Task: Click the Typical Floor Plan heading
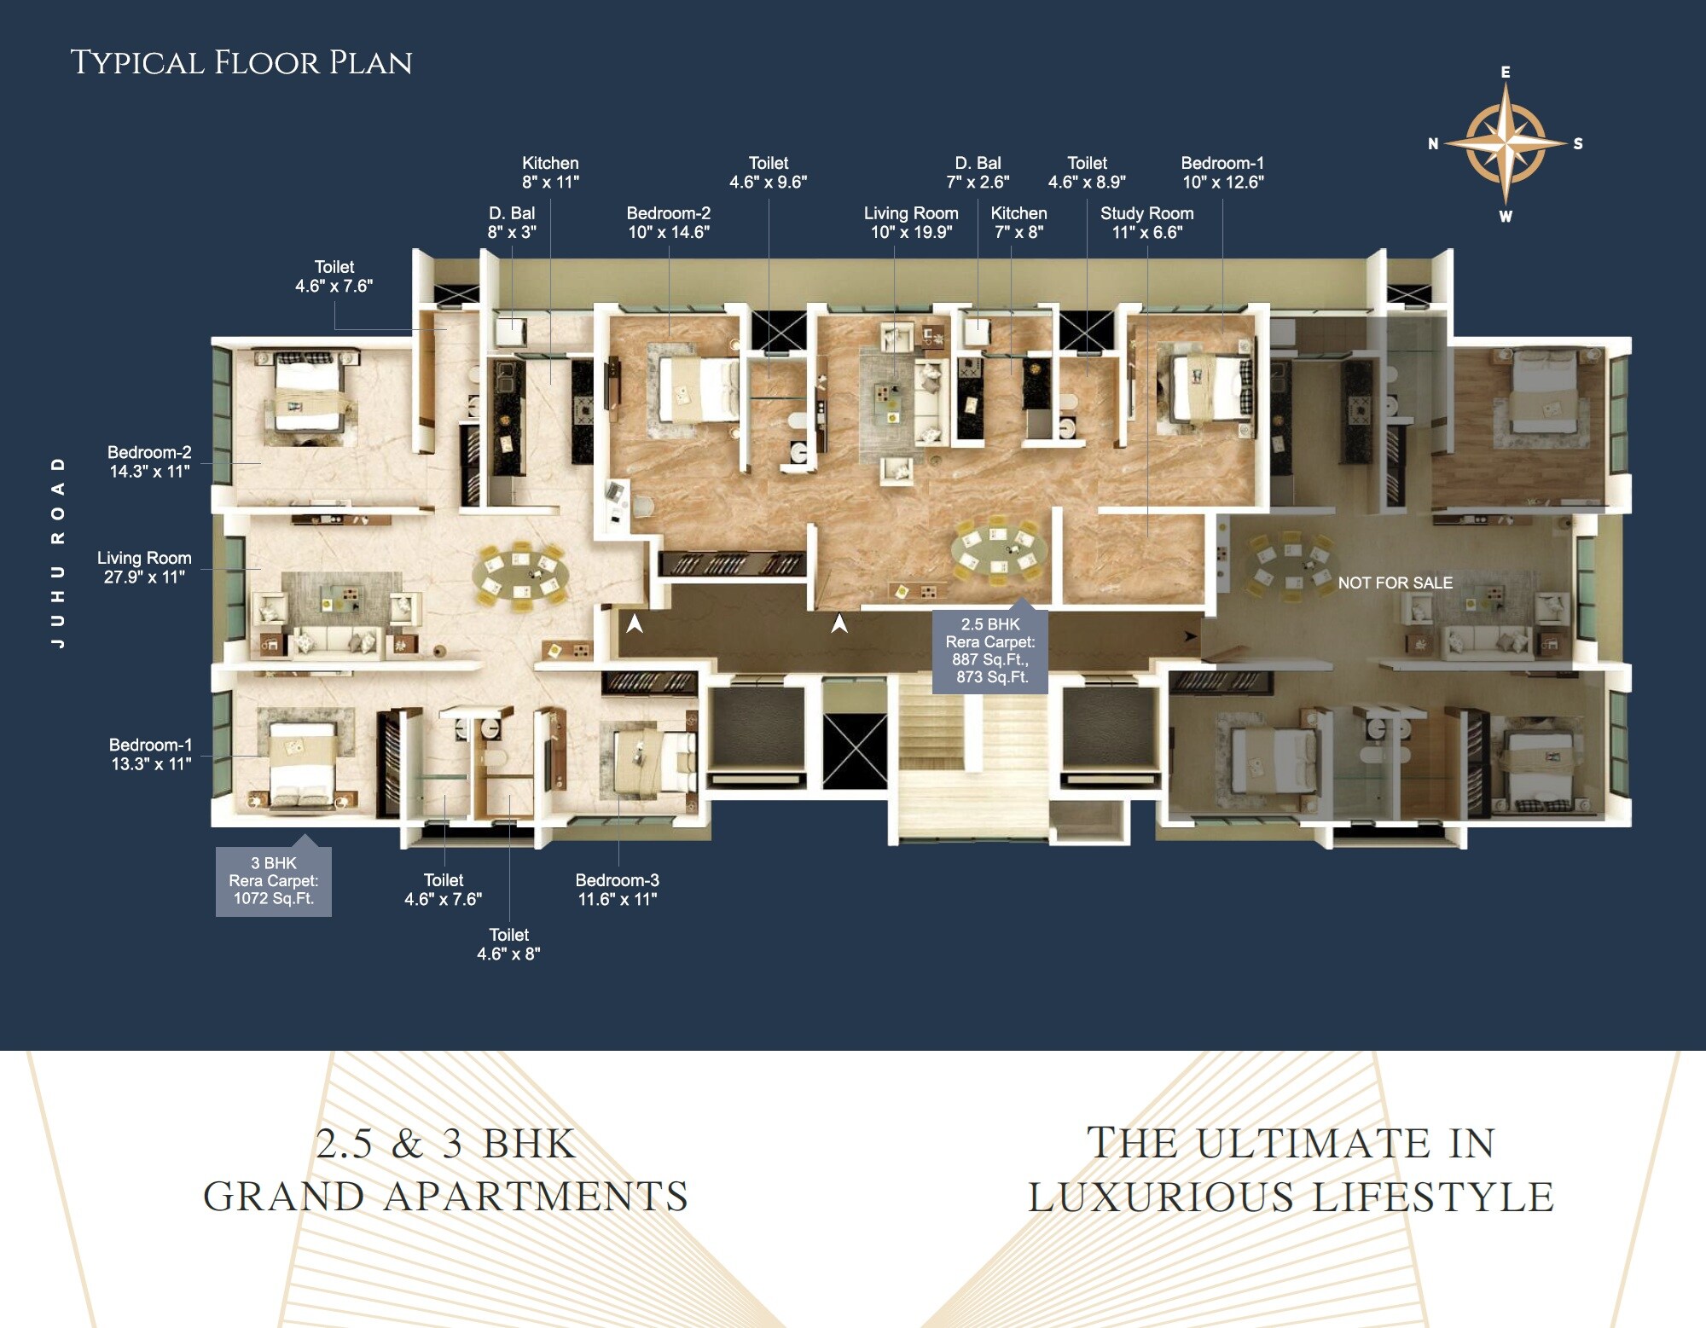[x=241, y=63]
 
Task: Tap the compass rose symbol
[x=1506, y=143]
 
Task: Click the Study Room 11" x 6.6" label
[x=1146, y=223]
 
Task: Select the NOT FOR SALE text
[x=1395, y=583]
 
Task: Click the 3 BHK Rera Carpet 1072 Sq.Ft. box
[x=274, y=881]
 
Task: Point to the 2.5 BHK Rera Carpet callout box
[x=989, y=651]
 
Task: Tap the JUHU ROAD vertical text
[x=58, y=552]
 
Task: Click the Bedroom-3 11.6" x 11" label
[x=617, y=890]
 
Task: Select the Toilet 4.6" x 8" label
[x=508, y=944]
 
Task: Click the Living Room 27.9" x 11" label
[x=144, y=567]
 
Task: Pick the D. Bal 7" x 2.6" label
[x=978, y=172]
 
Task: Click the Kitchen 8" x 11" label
[x=550, y=172]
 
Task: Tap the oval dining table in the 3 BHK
[x=521, y=577]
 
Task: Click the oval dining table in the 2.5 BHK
[x=997, y=548]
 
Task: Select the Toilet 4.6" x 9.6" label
[x=768, y=172]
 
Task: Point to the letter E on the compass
[x=1506, y=72]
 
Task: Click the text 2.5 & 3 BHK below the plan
[x=446, y=1145]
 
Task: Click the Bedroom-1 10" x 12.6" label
[x=1222, y=172]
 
